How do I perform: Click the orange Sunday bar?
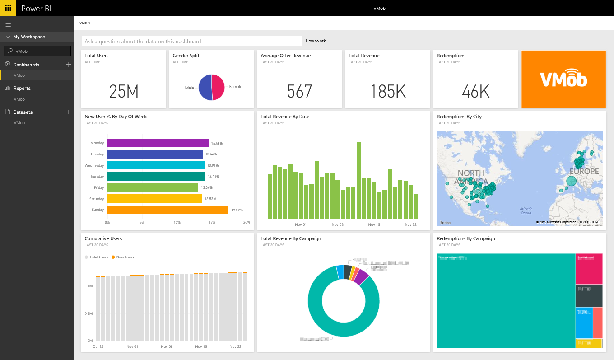coord(167,210)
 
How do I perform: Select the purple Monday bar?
coord(158,143)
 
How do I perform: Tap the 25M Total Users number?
coord(124,92)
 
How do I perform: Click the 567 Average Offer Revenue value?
coord(299,92)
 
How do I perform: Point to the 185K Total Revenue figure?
coord(388,92)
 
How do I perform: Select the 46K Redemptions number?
coord(475,92)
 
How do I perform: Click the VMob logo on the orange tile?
coord(563,79)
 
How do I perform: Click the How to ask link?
coord(316,41)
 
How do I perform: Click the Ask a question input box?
coord(191,41)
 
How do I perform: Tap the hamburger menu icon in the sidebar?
coord(8,25)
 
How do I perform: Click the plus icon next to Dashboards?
coord(69,65)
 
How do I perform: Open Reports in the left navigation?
coord(22,89)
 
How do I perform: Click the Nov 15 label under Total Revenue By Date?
coord(374,224)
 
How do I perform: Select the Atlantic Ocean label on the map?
coord(526,210)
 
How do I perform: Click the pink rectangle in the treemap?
coord(589,268)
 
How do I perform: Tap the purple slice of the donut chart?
coord(361,277)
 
